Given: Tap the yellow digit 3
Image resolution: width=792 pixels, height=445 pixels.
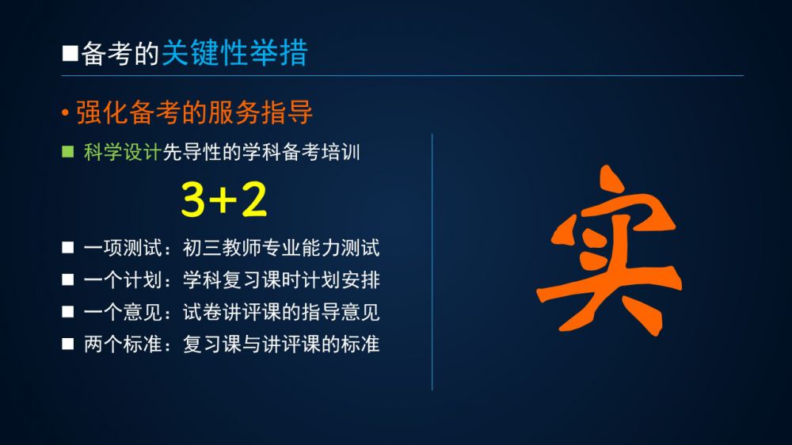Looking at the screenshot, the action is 193,200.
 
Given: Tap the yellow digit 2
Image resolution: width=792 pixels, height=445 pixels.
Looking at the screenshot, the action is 254,199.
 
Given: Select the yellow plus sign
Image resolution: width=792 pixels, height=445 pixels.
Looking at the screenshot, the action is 223,200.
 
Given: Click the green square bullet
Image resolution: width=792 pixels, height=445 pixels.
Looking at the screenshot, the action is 67,151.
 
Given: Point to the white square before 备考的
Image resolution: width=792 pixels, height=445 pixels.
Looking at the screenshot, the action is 70,53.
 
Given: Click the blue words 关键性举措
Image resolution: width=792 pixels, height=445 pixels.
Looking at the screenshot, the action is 234,53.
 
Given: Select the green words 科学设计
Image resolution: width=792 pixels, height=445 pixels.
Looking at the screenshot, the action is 123,152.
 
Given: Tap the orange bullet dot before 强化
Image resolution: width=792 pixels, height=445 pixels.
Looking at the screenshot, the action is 65,112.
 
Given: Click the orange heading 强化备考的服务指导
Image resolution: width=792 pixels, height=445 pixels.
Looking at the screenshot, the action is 195,112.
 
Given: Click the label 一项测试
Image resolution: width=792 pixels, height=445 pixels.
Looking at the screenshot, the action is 123,248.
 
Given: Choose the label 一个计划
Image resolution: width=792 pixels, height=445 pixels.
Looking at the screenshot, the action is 123,280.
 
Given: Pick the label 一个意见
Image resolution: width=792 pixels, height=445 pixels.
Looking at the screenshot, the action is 123,312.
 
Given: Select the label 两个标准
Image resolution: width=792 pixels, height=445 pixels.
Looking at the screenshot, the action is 123,344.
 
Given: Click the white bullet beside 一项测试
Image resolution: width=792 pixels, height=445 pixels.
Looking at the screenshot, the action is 67,248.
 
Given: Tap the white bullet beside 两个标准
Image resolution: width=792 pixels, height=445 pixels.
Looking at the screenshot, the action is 67,344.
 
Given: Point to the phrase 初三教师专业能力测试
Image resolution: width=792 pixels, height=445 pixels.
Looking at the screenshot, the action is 281,248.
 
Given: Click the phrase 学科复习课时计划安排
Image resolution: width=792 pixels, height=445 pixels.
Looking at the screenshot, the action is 281,280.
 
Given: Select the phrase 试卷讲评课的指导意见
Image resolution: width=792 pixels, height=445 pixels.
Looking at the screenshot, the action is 281,312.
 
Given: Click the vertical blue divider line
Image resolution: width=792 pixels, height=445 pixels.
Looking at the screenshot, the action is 432,262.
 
